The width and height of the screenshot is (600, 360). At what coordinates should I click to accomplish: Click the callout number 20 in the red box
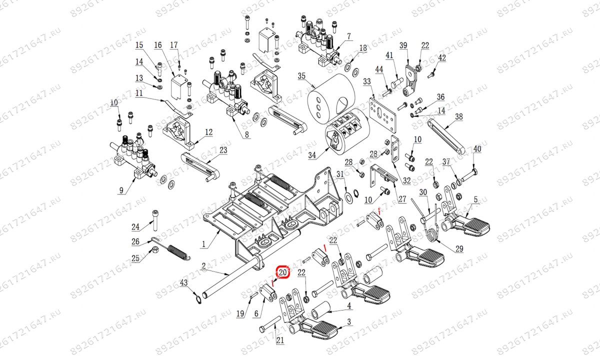pos(282,273)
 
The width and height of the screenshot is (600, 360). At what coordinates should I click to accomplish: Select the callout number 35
pos(301,76)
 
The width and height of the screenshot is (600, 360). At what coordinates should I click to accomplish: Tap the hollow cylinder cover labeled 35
pos(331,95)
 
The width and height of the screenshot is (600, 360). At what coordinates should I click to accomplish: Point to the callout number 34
pos(312,156)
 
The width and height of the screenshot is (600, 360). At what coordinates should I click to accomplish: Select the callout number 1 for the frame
pos(203,244)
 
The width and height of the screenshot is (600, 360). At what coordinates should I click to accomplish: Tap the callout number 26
pos(135,242)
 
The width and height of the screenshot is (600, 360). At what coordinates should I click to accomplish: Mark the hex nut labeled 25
pos(155,248)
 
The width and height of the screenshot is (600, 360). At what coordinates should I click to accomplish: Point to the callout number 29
pos(459,249)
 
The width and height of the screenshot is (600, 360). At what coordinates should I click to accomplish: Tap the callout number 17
pos(174,45)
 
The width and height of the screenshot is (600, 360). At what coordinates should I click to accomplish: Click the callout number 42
pos(441,58)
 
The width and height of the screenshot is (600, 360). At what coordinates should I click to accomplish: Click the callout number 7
pos(349,36)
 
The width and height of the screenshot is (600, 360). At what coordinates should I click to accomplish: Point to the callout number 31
pos(340,174)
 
